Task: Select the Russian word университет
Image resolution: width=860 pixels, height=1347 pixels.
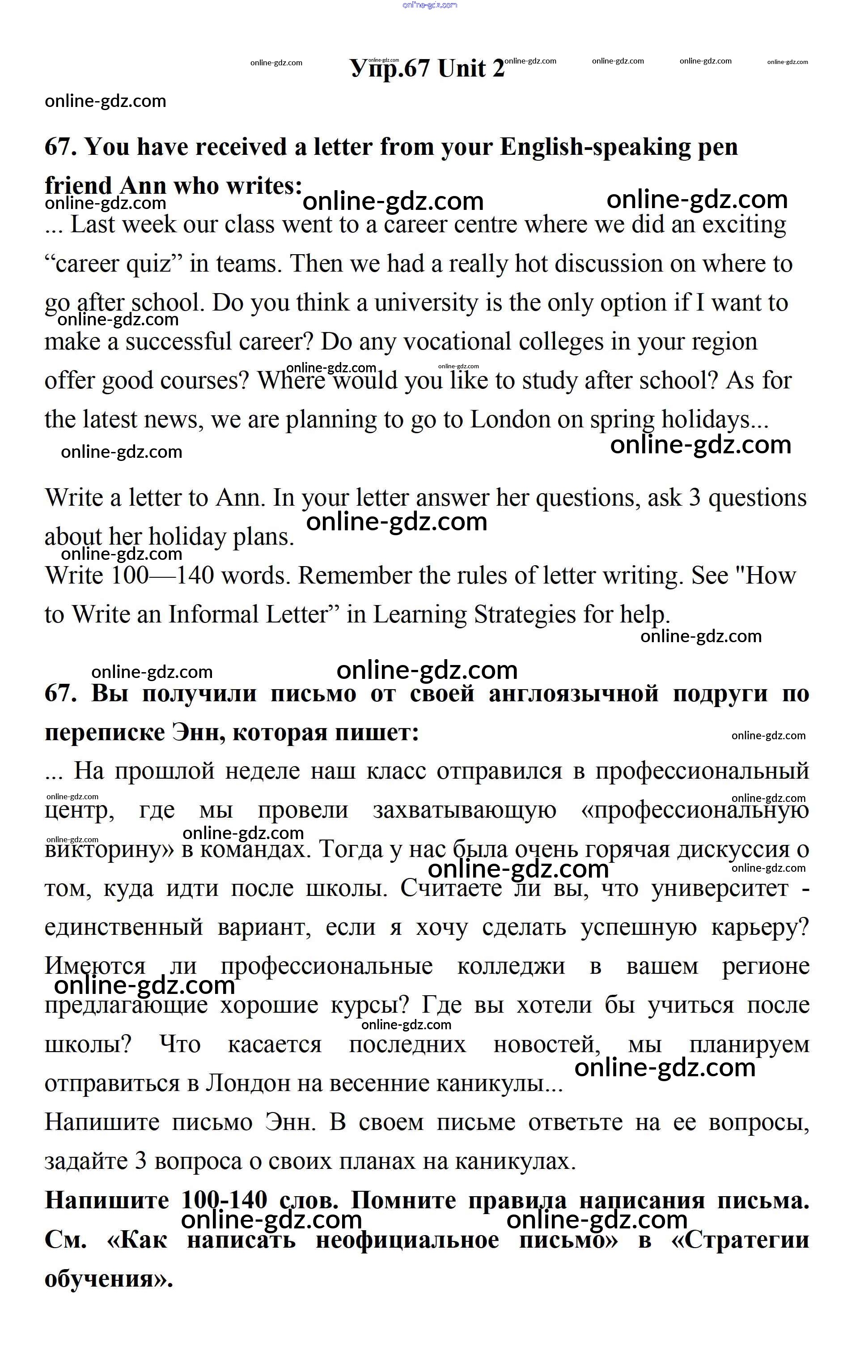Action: [720, 888]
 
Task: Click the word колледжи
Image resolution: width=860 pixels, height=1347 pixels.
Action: [511, 966]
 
